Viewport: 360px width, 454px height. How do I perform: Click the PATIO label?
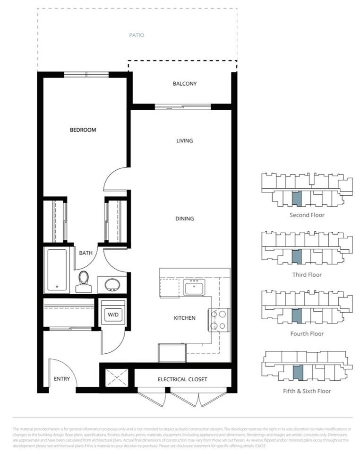point(137,35)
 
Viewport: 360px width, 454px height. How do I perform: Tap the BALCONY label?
point(184,84)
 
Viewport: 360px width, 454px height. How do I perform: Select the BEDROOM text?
point(83,130)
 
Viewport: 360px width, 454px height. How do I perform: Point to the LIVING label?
point(184,141)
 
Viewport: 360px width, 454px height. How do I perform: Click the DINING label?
point(184,219)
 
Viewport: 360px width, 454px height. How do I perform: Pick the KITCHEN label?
point(184,318)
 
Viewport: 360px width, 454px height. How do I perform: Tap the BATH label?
point(86,253)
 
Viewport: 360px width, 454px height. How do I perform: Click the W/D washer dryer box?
point(113,314)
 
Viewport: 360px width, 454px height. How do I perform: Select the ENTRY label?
point(62,379)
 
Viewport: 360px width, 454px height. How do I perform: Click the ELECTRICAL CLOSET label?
point(182,379)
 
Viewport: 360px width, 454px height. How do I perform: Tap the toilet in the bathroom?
point(84,282)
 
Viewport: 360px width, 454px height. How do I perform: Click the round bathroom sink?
point(112,285)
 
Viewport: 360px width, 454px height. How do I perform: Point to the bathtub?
point(57,271)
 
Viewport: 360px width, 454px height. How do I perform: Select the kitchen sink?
point(194,287)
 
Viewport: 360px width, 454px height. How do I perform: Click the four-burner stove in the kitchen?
point(220,320)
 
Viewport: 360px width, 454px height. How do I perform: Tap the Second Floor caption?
point(307,215)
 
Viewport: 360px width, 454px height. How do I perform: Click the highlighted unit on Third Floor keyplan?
point(296,257)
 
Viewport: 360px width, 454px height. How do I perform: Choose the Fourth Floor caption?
point(307,334)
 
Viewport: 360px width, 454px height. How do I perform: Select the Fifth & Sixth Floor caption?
point(307,391)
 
